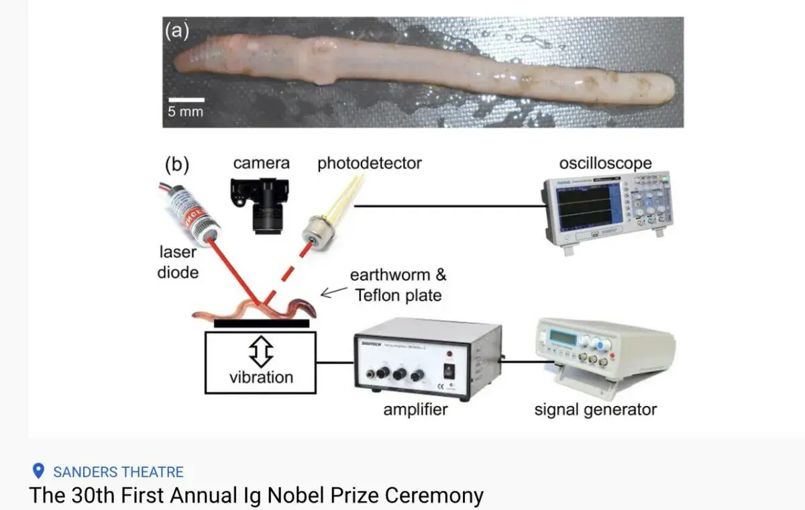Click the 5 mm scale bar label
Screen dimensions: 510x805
tap(185, 111)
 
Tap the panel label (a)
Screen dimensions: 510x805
tap(177, 32)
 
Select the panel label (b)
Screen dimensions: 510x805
tap(177, 164)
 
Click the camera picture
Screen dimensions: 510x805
tap(264, 204)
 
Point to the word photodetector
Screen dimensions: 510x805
tap(370, 162)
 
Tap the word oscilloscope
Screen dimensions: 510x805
tap(605, 164)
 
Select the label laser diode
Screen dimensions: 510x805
tap(178, 262)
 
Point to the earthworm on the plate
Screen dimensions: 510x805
tap(255, 310)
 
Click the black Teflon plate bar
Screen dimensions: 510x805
tap(262, 323)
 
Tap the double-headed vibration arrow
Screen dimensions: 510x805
tap(261, 350)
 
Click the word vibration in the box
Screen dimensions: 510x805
tap(261, 377)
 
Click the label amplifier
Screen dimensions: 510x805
tap(415, 409)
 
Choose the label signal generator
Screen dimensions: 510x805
tap(595, 409)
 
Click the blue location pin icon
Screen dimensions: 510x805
tap(38, 471)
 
